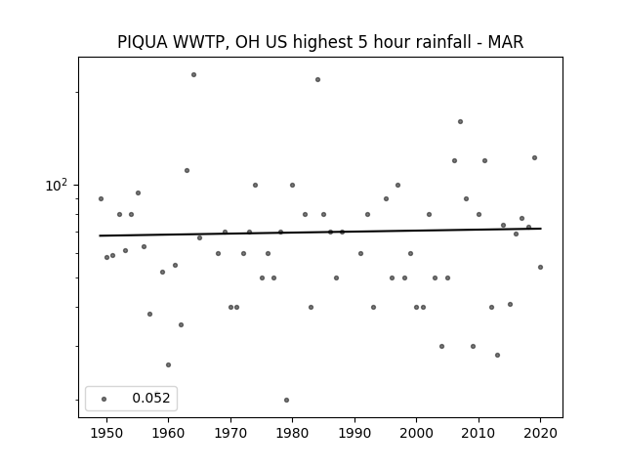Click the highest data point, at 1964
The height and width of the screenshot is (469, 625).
pyautogui.click(x=193, y=74)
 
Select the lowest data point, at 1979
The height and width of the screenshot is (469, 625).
pyautogui.click(x=286, y=400)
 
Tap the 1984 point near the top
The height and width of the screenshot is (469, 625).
pyautogui.click(x=317, y=80)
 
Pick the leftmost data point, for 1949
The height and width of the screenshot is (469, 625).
pyautogui.click(x=101, y=199)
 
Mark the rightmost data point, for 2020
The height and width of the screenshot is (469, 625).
pyautogui.click(x=540, y=267)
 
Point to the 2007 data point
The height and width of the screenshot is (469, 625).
pyautogui.click(x=460, y=121)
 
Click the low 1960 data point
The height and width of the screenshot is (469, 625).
pyautogui.click(x=168, y=364)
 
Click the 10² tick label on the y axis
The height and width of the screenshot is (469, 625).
pyautogui.click(x=57, y=185)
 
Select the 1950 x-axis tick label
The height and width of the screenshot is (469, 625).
pyautogui.click(x=106, y=433)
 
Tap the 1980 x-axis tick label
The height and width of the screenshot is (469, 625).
pyautogui.click(x=292, y=433)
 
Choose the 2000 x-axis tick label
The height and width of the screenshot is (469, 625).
pyautogui.click(x=417, y=433)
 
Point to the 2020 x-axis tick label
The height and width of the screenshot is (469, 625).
pyautogui.click(x=540, y=433)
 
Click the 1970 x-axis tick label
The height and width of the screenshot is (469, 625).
pyautogui.click(x=230, y=433)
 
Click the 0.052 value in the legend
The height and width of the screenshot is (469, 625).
pyautogui.click(x=151, y=398)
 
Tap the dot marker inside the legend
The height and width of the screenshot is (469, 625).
pyautogui.click(x=104, y=399)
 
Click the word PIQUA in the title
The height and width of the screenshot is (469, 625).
pyautogui.click(x=143, y=42)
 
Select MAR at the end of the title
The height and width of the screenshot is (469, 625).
pyautogui.click(x=506, y=42)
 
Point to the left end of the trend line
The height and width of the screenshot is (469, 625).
pyautogui.click(x=100, y=235)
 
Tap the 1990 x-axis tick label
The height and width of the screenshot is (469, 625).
pyautogui.click(x=354, y=433)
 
